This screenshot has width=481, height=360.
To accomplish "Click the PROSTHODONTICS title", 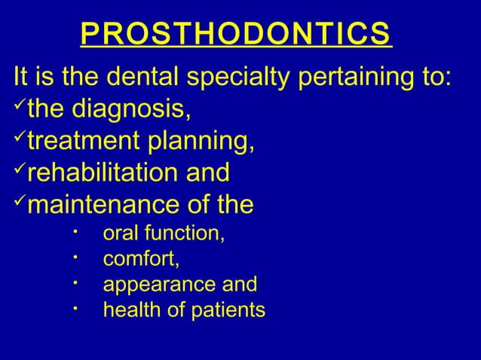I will tap(235, 35).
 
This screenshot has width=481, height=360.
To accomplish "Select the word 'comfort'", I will tap(139, 260).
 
